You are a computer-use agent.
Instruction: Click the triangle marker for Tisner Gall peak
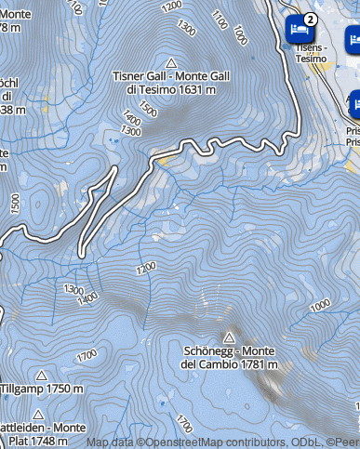[170, 60]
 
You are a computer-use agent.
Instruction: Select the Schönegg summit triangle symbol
[229, 336]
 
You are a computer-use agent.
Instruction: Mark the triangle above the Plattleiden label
[38, 414]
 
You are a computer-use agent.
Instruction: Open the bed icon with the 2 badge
[299, 30]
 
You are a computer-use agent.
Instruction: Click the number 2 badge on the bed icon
[311, 19]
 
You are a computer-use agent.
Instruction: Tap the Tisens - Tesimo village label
[312, 52]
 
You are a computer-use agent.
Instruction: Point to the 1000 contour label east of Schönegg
[321, 305]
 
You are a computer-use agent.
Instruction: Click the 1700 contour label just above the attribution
[184, 421]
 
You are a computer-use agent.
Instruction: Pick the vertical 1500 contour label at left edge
[13, 202]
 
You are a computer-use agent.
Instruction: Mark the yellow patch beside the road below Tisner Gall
[164, 161]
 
